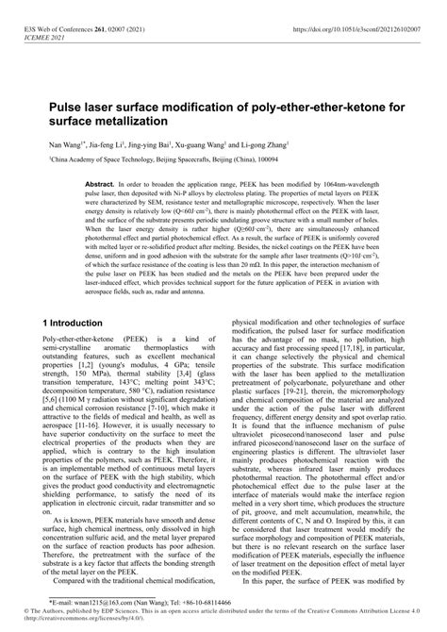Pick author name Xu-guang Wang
click(211, 148)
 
